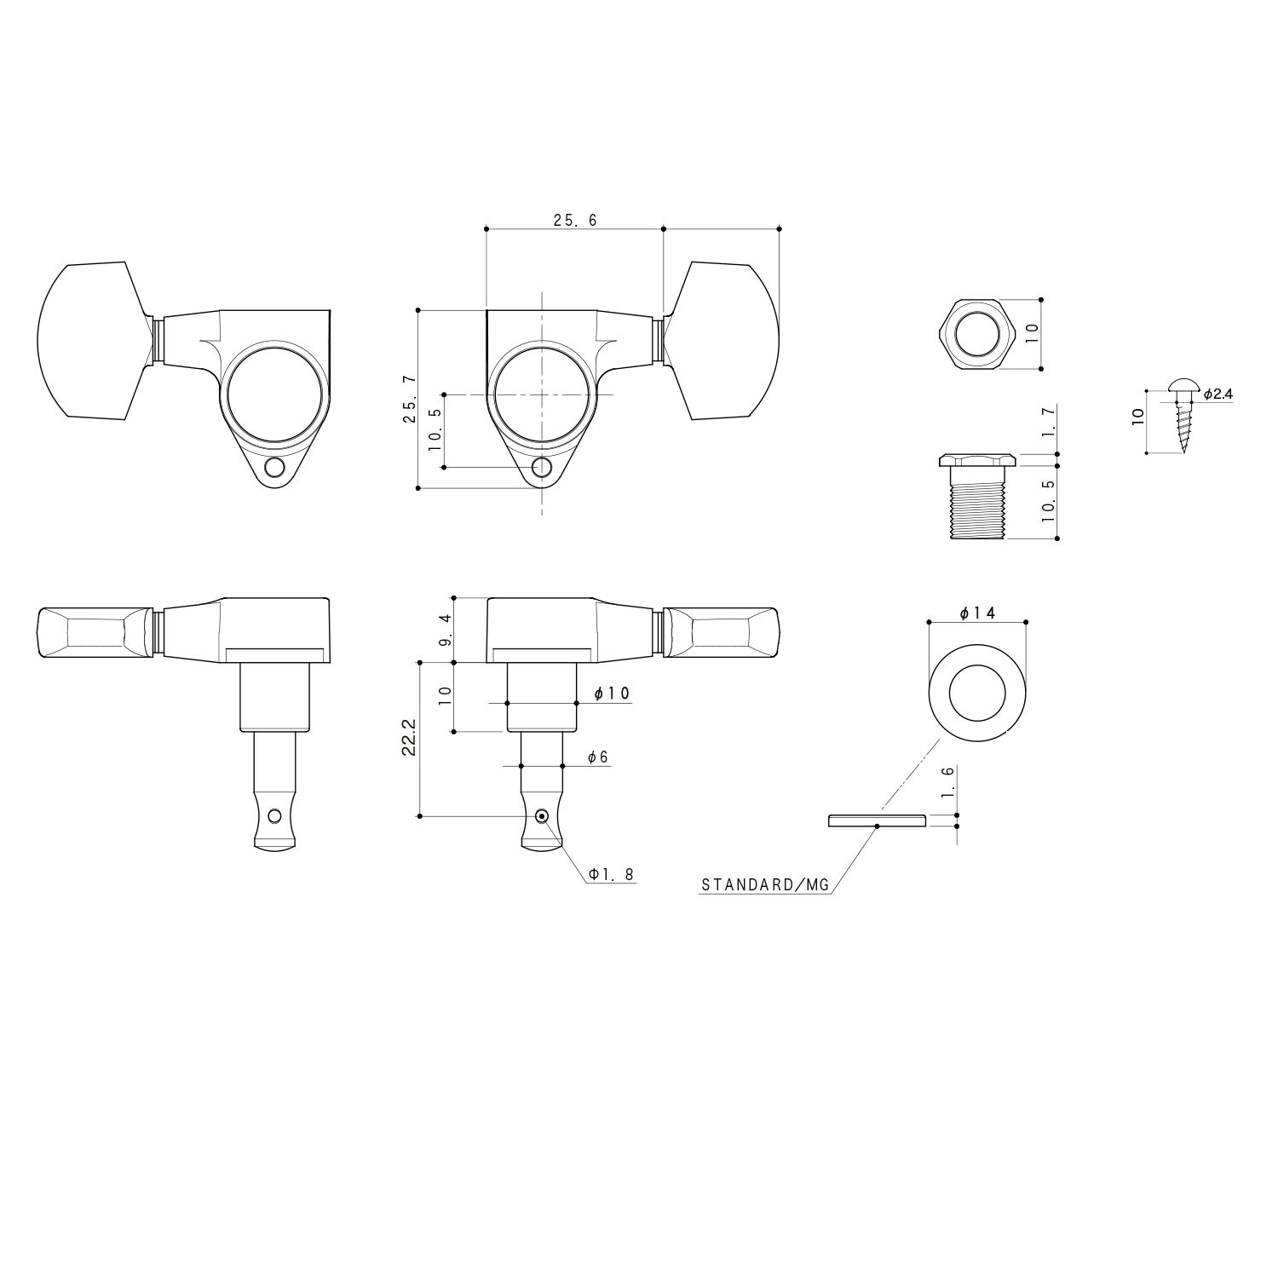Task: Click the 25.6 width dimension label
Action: click(575, 220)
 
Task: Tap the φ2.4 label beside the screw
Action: click(1218, 394)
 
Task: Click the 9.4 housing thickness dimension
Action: click(445, 630)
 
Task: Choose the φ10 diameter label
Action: click(612, 694)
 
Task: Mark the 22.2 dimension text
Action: click(410, 739)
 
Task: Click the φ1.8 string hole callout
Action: click(611, 874)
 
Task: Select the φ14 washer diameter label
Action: click(977, 613)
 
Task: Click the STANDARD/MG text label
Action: click(764, 885)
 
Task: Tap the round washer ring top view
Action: click(976, 682)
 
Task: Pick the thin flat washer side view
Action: click(877, 820)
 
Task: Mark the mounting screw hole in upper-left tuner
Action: click(274, 468)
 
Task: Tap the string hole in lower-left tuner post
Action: click(273, 816)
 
